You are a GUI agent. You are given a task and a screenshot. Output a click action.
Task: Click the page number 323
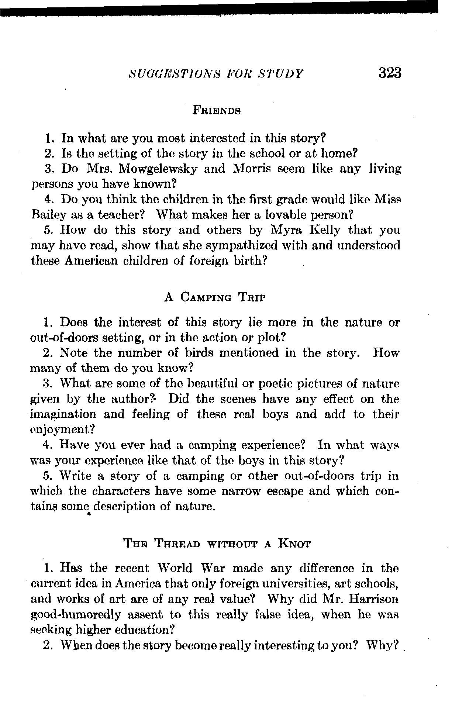tap(389, 73)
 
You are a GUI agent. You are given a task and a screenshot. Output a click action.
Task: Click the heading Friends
tap(217, 110)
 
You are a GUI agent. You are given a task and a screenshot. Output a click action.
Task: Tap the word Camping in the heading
tap(206, 297)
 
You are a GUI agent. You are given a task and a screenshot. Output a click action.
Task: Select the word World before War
tap(175, 568)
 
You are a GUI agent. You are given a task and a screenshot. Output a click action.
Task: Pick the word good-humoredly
tap(75, 615)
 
